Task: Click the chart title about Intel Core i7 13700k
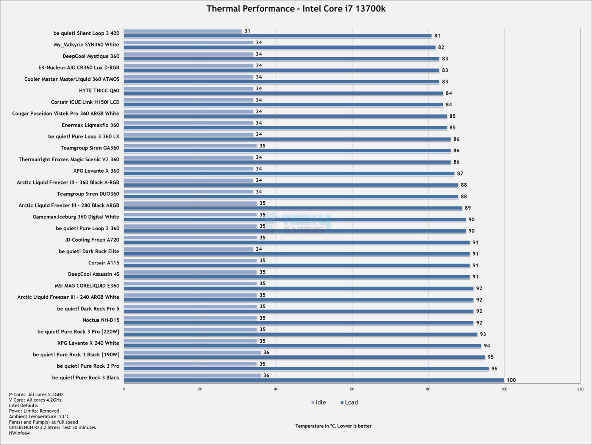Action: click(x=296, y=9)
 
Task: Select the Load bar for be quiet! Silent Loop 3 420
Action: click(x=278, y=36)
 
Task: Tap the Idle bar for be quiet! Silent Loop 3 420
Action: click(x=183, y=31)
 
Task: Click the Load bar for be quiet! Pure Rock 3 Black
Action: click(x=314, y=380)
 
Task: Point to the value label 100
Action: click(x=511, y=380)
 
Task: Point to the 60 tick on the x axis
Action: click(x=352, y=389)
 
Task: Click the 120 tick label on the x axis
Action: click(x=580, y=389)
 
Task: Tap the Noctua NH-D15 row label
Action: click(x=101, y=320)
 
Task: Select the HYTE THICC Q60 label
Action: click(x=99, y=91)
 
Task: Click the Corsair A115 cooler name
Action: click(x=103, y=263)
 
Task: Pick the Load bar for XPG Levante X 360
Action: click(x=289, y=174)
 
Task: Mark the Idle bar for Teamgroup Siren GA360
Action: click(x=190, y=146)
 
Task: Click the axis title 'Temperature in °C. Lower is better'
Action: click(x=333, y=426)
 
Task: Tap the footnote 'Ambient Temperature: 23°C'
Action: click(x=39, y=416)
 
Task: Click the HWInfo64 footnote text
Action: click(x=19, y=433)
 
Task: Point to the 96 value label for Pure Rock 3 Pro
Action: click(x=494, y=369)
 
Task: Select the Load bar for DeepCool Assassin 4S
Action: click(x=297, y=277)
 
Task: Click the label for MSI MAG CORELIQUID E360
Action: click(x=87, y=286)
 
